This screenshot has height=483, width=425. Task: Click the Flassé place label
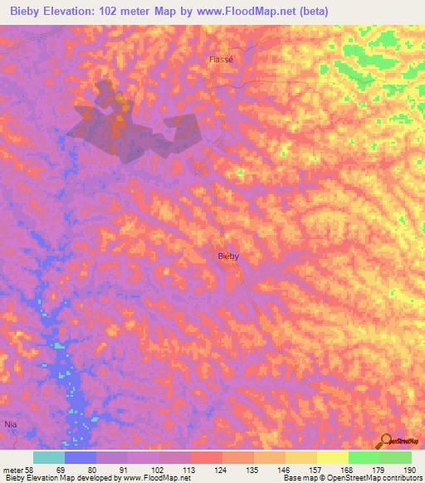pyautogui.click(x=221, y=60)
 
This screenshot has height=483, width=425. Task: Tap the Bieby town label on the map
pyautogui.click(x=228, y=256)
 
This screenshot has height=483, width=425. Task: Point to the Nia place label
pyautogui.click(x=11, y=424)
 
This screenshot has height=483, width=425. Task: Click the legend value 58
pyautogui.click(x=29, y=470)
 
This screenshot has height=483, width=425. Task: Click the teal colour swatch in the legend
pyautogui.click(x=49, y=457)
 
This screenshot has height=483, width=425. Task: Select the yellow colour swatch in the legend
pyautogui.click(x=332, y=457)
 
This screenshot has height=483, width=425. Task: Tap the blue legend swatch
pyautogui.click(x=81, y=457)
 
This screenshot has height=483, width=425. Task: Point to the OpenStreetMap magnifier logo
pyautogui.click(x=386, y=442)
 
